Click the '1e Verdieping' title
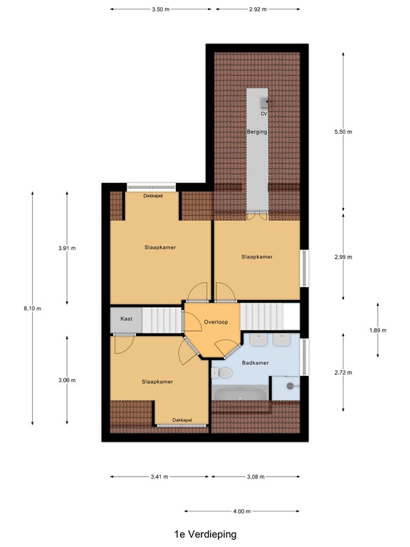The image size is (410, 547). tap(205, 533)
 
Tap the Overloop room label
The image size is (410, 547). tap(214, 322)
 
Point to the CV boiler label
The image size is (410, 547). tap(263, 114)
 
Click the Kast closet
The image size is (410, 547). tap(126, 318)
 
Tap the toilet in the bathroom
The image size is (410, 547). tap(223, 373)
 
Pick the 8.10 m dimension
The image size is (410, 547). tap(33, 308)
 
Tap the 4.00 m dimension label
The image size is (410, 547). tap(242, 511)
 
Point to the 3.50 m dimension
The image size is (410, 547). tap(161, 9)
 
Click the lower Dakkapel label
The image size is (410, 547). tap(182, 420)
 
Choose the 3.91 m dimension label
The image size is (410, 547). tap(67, 248)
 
